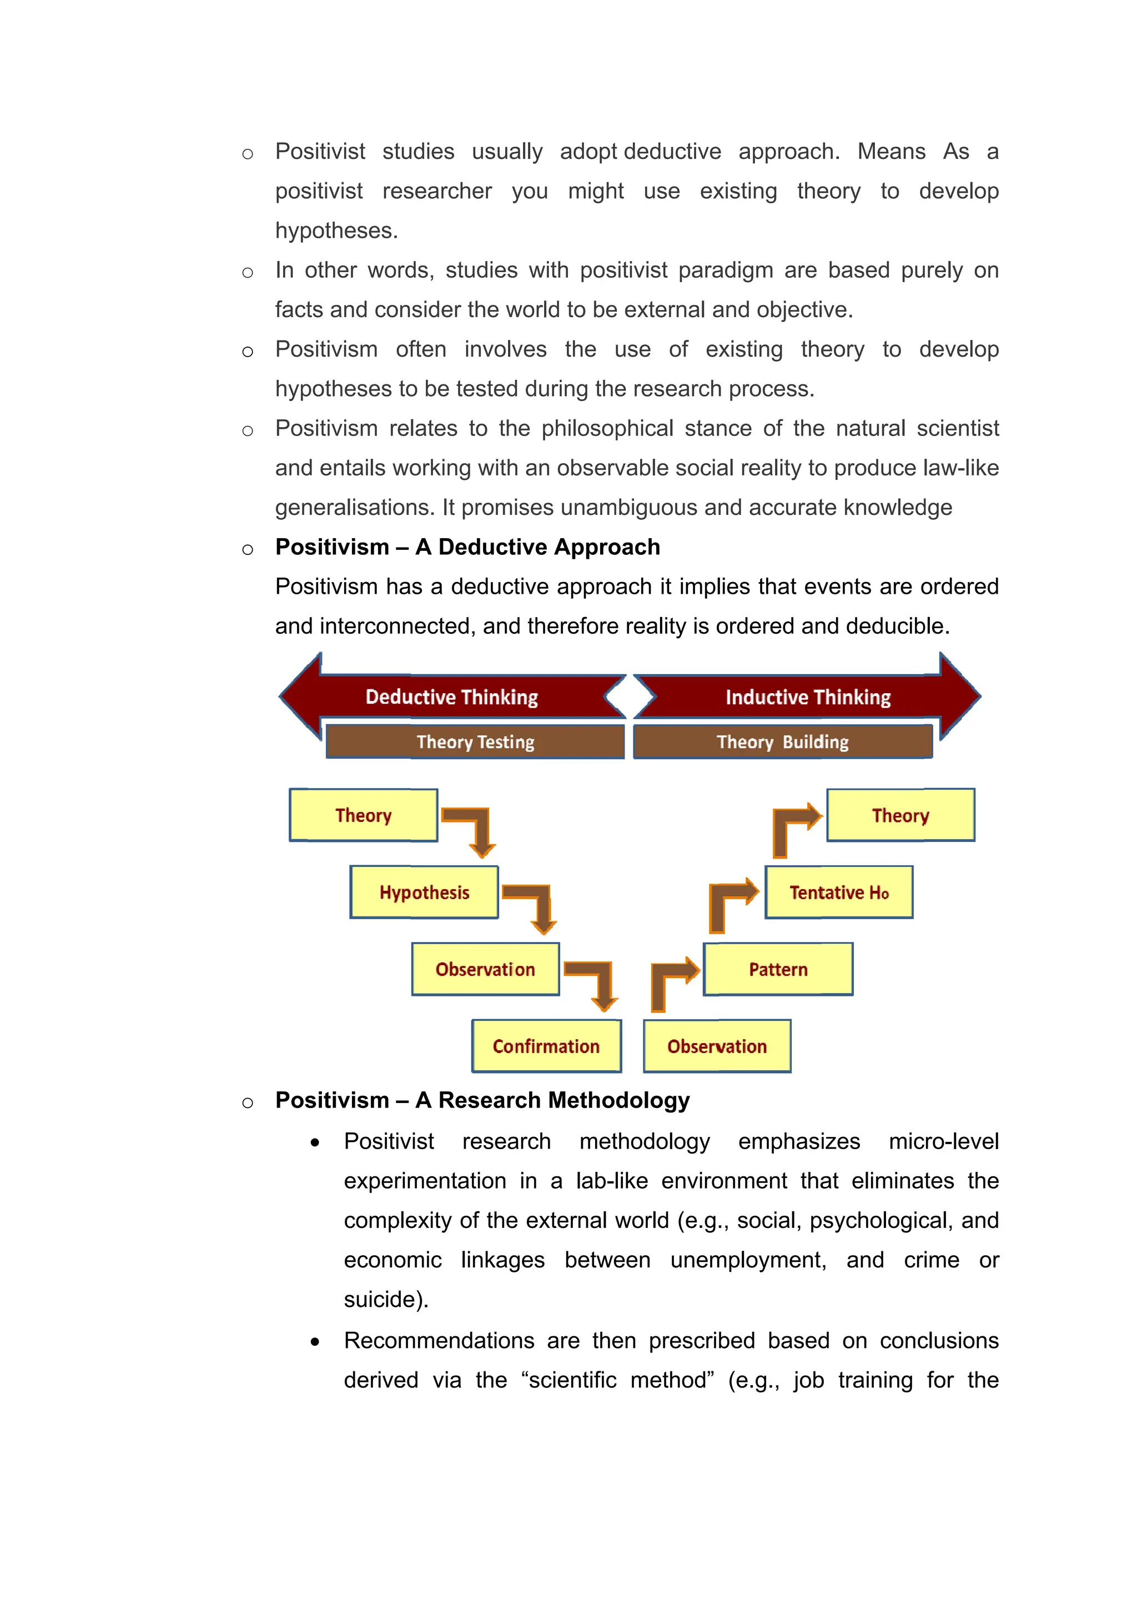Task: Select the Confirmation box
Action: coord(546,1046)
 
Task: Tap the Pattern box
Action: coord(778,969)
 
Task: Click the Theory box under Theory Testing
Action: coord(363,815)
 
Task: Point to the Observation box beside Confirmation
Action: coord(717,1046)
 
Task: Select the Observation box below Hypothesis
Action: coord(485,969)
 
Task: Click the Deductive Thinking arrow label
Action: coord(452,696)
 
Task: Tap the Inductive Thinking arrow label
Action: coord(808,696)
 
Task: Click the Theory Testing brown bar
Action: coord(475,741)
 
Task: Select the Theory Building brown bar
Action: coord(782,741)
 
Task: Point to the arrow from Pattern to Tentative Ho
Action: coord(728,900)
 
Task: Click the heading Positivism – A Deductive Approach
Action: coord(467,547)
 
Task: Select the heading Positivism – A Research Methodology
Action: coord(482,1100)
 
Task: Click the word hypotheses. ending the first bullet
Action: coord(336,230)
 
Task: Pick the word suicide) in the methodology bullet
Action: coord(385,1299)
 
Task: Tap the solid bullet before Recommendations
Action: coord(315,1342)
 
